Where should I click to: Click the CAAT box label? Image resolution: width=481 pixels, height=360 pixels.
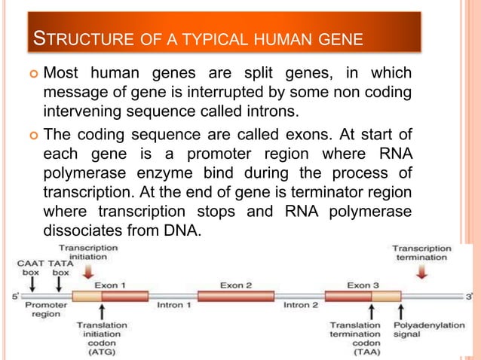[x=32, y=268]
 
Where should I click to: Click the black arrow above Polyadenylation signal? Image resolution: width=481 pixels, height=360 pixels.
[x=401, y=310]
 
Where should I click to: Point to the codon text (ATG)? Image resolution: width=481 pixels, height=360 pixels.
[x=101, y=351]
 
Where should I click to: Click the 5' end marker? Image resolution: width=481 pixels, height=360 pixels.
[x=16, y=296]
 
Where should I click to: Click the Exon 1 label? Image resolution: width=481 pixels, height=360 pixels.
[x=111, y=285]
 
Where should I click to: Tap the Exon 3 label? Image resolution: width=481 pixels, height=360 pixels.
[x=361, y=285]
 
